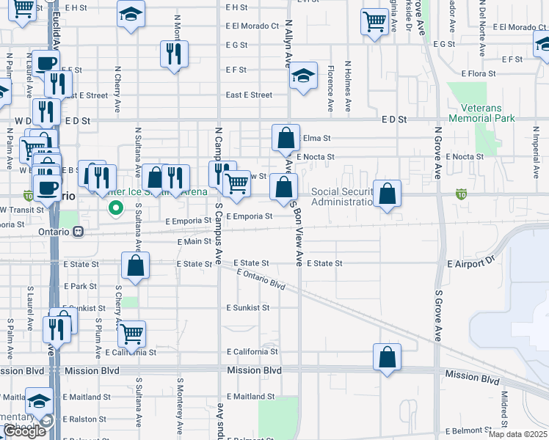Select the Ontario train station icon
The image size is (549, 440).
point(78,231)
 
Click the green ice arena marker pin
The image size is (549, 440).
point(114,209)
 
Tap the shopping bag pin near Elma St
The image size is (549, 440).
point(286,137)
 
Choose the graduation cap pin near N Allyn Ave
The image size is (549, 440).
point(302,76)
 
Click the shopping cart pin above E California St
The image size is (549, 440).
point(132,334)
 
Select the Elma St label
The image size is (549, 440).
point(317,138)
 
